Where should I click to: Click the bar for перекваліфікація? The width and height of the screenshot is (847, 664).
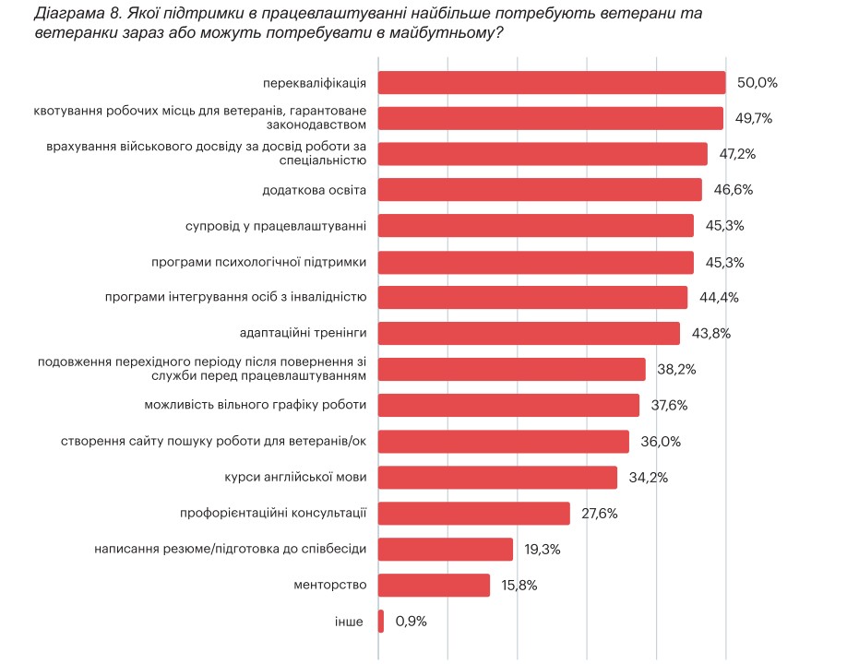click(x=552, y=82)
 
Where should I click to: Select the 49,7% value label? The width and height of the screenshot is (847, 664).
click(x=753, y=118)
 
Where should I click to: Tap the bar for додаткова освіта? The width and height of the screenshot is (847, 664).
click(x=540, y=190)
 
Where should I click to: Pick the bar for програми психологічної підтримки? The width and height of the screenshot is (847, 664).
click(x=536, y=262)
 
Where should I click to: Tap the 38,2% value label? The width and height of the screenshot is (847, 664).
click(x=676, y=370)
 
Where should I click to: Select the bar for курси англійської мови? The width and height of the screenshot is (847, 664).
click(x=497, y=478)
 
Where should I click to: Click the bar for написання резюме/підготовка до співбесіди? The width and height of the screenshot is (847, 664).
click(x=446, y=550)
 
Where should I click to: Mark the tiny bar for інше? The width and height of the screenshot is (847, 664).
click(x=381, y=622)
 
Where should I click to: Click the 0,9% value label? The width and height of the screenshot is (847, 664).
click(x=411, y=622)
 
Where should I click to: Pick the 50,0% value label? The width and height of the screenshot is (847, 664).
click(x=758, y=82)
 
